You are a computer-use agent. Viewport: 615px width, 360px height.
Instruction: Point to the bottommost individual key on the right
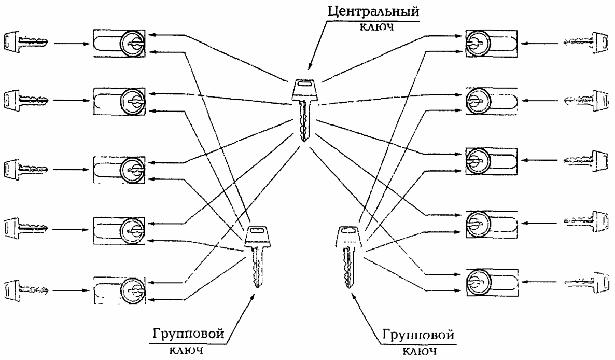point(586,281)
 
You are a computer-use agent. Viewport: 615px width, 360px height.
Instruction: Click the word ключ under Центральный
point(372,28)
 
